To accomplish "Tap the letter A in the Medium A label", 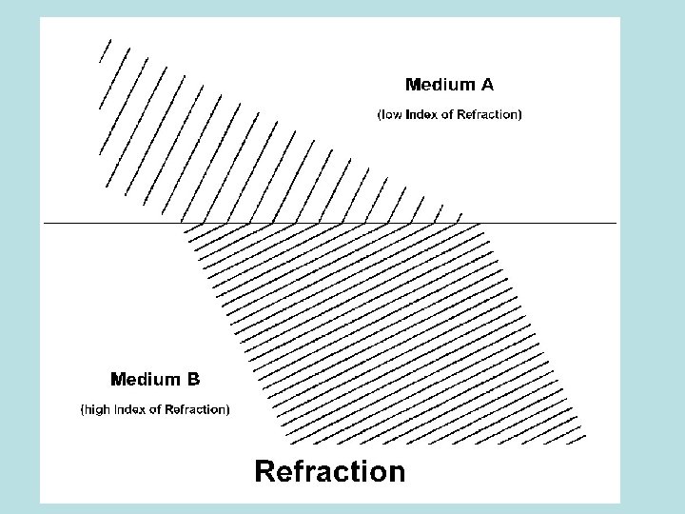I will click(x=486, y=85).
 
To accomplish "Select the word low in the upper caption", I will click(x=392, y=115).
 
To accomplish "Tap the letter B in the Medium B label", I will click(x=192, y=380).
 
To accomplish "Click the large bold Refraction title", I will click(x=329, y=471).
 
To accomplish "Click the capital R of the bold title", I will click(x=265, y=471).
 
